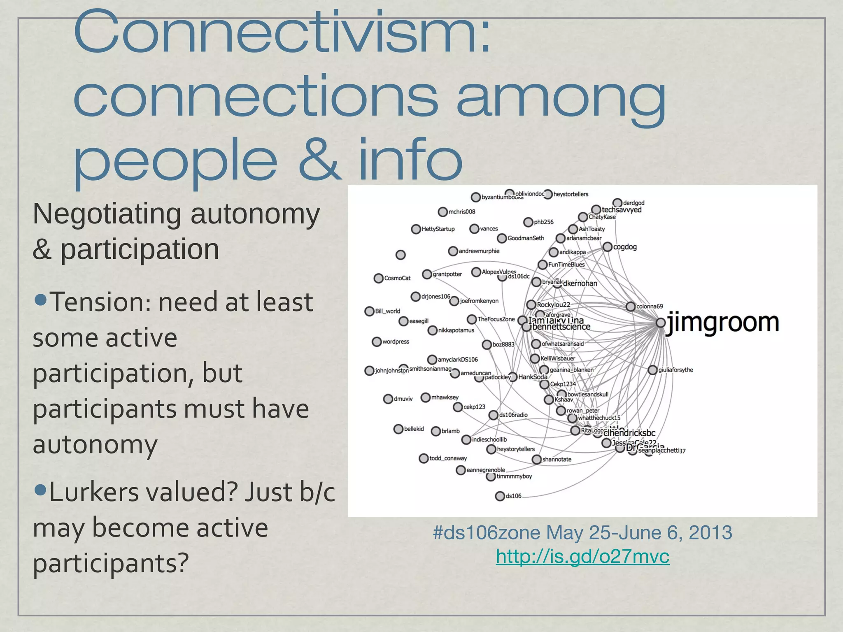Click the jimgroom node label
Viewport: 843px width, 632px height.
(x=722, y=323)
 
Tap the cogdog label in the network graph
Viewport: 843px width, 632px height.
(x=625, y=247)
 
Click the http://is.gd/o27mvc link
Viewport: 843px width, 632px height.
(x=582, y=557)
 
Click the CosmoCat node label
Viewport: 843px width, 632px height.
(x=397, y=278)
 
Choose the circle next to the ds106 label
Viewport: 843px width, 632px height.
(x=500, y=496)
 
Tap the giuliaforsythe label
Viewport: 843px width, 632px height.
(x=675, y=370)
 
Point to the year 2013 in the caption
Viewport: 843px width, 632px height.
(x=710, y=533)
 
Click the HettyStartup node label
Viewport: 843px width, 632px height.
(x=438, y=229)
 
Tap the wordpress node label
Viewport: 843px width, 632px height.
(x=396, y=342)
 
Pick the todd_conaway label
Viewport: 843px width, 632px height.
(x=448, y=458)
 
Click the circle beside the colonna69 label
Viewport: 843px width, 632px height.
(x=631, y=307)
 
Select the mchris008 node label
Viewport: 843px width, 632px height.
(x=461, y=212)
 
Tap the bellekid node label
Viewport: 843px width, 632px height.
(x=414, y=429)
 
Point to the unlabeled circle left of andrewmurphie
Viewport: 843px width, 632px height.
(x=401, y=255)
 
